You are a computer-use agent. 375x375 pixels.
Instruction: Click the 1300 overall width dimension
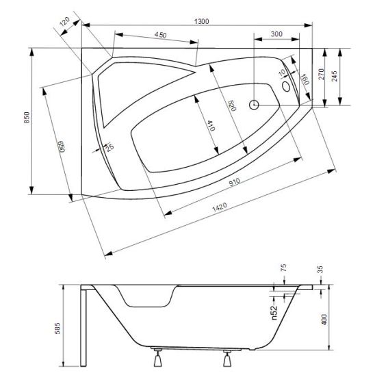point(201,21)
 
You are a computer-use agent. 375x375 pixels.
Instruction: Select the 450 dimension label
point(160,35)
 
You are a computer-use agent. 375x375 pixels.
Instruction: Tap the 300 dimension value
point(276,34)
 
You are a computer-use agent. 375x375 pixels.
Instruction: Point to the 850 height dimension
point(27,118)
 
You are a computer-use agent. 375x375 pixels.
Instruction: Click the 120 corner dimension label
point(64,22)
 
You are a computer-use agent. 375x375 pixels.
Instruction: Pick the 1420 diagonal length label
point(219,207)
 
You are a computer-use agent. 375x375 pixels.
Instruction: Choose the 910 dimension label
point(235,182)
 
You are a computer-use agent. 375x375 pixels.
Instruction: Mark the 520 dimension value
point(232,106)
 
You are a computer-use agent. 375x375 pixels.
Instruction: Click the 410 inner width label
point(211,126)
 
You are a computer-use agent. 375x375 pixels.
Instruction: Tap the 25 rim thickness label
point(110,148)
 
